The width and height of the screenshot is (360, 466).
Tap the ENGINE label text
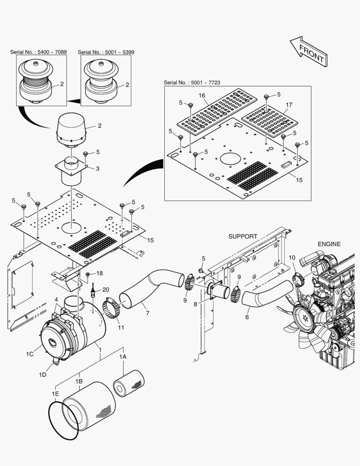tap(329, 244)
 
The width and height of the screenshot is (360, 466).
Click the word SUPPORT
tap(243, 236)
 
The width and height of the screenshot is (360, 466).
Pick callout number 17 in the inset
tap(289, 104)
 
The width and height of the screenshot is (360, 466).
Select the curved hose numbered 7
tap(146, 289)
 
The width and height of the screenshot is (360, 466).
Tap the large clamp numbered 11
tap(113, 309)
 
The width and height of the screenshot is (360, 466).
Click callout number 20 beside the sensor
tap(106, 289)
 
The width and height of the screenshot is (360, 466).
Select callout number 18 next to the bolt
tap(100, 273)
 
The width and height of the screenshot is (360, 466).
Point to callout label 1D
tap(42, 375)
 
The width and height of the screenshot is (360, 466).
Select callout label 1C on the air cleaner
tap(29, 354)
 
